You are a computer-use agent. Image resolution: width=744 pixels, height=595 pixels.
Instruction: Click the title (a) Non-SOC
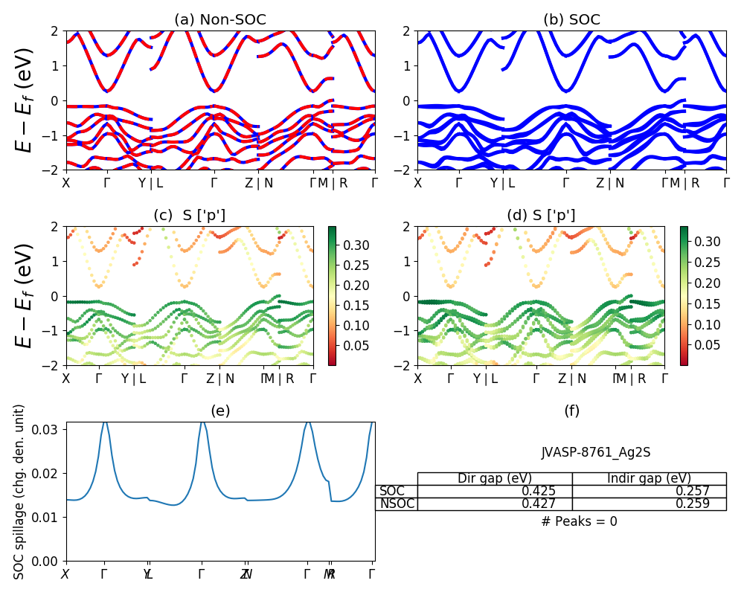(x=220, y=20)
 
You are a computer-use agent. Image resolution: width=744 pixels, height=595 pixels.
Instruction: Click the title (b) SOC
(x=571, y=20)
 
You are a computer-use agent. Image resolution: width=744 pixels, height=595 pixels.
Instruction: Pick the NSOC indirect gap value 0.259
(x=693, y=504)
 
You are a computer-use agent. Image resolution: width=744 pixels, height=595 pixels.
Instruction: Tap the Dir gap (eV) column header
(x=495, y=478)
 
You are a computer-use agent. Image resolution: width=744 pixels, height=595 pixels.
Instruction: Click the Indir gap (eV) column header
(x=650, y=478)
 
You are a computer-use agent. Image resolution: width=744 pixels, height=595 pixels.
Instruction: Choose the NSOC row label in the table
(x=397, y=504)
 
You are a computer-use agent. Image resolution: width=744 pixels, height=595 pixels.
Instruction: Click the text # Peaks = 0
(x=579, y=521)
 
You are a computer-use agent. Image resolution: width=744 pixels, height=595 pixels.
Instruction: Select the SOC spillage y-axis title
(x=20, y=491)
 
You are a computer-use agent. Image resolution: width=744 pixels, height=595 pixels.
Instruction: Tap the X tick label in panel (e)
(x=65, y=574)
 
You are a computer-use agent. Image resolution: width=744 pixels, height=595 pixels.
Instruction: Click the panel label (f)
(x=571, y=411)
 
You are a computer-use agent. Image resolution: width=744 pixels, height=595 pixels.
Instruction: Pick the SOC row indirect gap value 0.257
(x=693, y=492)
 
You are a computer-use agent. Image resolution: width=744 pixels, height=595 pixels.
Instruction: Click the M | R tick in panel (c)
(x=280, y=379)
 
